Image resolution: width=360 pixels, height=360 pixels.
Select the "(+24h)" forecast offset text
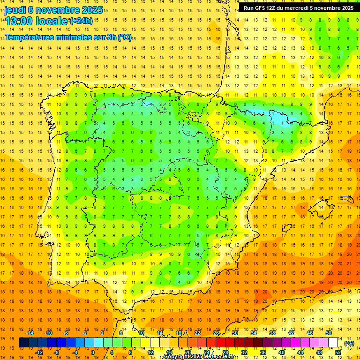81,21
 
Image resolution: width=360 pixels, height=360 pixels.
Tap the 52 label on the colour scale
338,352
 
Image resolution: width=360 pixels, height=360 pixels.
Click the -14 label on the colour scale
30,333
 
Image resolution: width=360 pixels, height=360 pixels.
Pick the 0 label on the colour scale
93,352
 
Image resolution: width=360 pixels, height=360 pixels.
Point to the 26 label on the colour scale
216,333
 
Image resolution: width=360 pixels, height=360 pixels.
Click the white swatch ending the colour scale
333,343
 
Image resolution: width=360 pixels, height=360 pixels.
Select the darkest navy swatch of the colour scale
23,343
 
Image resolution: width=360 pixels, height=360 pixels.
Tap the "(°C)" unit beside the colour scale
349,343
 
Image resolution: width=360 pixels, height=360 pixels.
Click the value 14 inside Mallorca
320,207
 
